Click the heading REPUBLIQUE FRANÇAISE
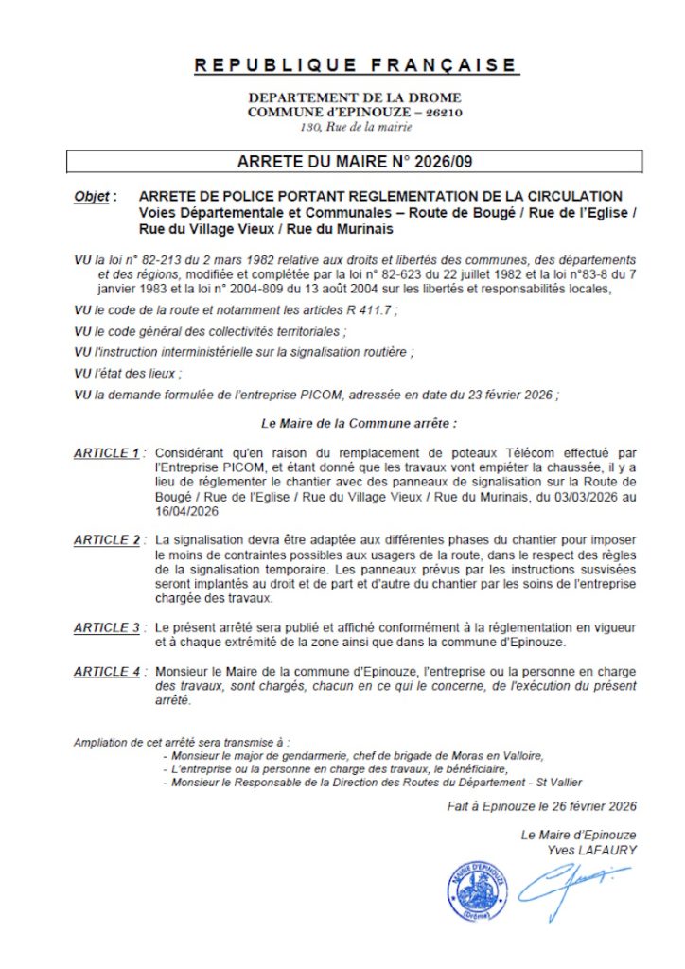[356, 65]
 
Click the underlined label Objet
[92, 196]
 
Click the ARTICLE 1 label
[107, 453]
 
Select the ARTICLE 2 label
[107, 540]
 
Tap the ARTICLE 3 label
[107, 627]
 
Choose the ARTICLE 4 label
[107, 671]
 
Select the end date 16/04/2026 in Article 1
[186, 511]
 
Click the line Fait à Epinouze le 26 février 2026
[542, 806]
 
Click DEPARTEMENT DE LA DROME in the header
[355, 97]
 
